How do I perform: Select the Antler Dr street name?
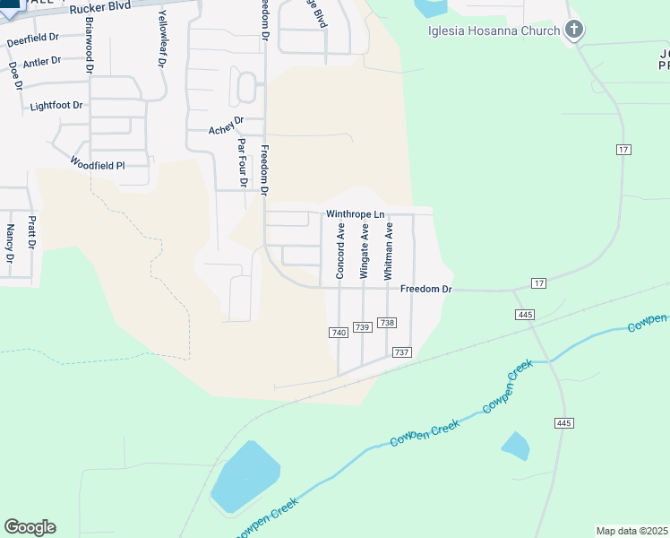coord(42,62)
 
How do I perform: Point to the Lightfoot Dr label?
coord(56,106)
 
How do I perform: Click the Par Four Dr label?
coord(242,162)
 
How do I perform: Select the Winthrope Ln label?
coord(355,214)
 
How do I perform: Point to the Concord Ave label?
coord(340,252)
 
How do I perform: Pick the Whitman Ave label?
coord(389,252)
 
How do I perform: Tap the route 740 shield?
coord(338,333)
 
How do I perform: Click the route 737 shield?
coord(401,352)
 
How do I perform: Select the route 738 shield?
coord(387,323)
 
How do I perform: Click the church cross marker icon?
coord(574,30)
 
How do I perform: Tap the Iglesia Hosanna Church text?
coord(493,30)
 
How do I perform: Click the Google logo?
coord(30,527)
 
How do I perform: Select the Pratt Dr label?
coord(31,231)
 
